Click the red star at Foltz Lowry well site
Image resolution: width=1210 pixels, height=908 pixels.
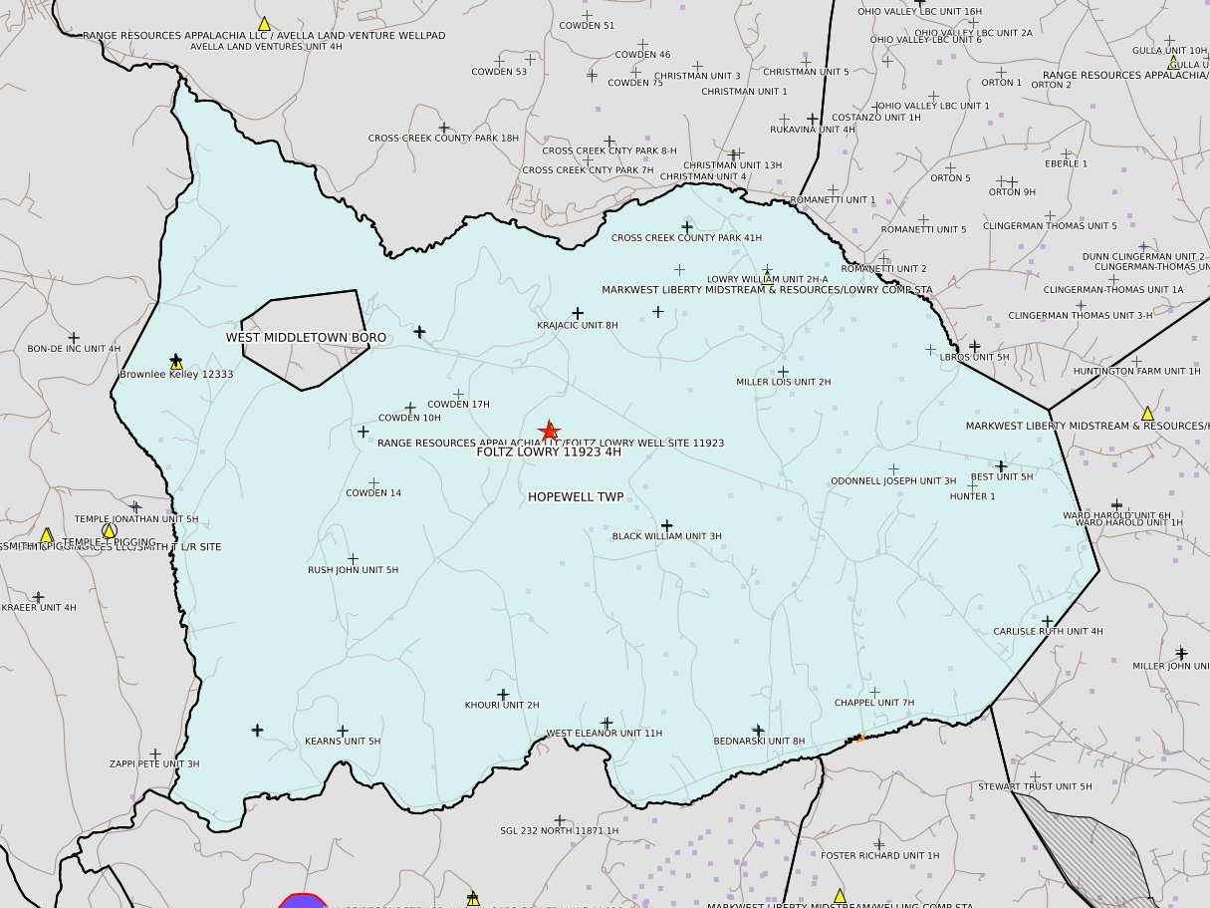549,431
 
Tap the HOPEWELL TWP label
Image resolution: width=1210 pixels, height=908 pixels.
576,496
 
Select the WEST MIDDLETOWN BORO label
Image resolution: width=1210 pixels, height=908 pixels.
306,338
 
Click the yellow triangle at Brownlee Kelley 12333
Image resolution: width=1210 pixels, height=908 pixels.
176,363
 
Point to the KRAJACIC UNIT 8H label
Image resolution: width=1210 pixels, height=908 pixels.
578,325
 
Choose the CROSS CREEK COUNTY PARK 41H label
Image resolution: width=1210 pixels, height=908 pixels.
686,238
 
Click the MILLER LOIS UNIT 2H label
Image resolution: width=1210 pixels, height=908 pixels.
783,382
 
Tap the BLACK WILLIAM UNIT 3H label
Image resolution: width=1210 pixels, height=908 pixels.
666,536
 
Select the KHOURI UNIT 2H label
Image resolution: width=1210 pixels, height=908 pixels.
502,706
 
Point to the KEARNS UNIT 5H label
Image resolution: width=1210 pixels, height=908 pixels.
343,742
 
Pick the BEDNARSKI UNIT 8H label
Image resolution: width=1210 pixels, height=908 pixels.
759,742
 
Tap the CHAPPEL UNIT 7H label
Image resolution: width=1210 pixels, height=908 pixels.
873,703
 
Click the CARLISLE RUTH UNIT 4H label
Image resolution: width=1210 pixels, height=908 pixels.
1048,631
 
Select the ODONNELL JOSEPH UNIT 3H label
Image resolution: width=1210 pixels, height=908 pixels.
893,481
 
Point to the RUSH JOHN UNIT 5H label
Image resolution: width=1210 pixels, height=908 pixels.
353,570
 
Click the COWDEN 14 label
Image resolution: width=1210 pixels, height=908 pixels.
373,493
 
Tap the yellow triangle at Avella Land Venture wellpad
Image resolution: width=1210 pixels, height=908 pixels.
264,23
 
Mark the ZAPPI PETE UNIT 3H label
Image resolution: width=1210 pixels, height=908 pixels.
154,764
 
